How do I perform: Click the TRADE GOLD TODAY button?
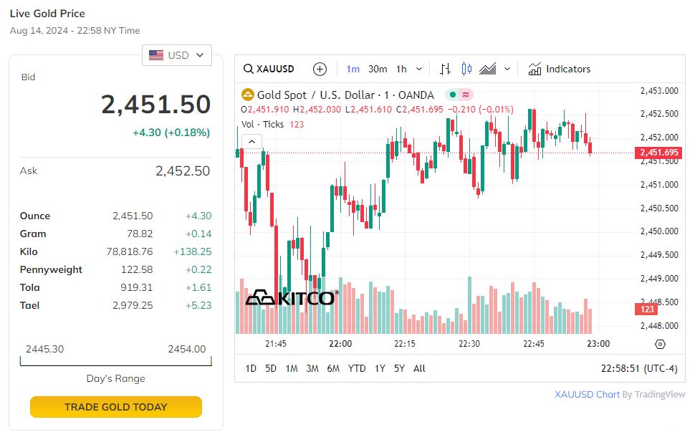115,407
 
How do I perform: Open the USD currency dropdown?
177,55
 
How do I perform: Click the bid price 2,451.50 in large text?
155,105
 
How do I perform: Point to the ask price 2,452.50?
183,171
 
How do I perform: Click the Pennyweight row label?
51,269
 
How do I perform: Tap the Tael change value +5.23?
197,305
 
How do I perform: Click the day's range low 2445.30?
44,349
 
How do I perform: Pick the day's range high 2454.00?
186,349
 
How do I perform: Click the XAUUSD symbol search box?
269,69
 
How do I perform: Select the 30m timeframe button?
378,69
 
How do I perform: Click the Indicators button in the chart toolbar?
560,69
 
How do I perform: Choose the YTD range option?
356,368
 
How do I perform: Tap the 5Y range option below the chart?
399,368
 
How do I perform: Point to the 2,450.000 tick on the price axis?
658,231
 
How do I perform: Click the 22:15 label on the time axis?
405,344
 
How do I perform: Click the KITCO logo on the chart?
290,298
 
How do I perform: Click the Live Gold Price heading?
47,14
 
